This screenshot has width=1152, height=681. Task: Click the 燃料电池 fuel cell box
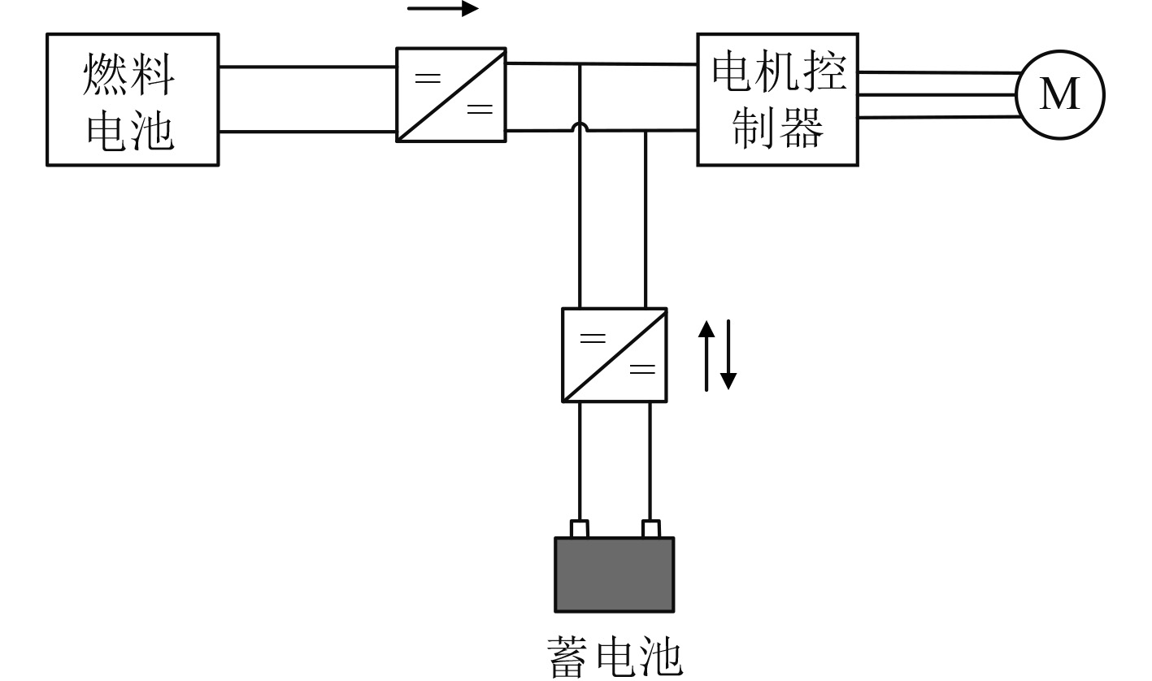[x=133, y=99]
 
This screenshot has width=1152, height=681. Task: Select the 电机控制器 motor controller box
[x=777, y=99]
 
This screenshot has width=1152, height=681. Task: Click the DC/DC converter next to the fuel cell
[x=451, y=94]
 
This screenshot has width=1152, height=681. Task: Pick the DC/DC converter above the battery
[x=615, y=354]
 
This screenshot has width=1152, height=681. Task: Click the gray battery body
[x=615, y=574]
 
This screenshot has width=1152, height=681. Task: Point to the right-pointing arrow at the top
[x=443, y=9]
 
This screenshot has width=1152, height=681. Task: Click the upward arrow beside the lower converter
[x=707, y=354]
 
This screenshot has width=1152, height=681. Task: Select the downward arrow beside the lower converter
[x=728, y=356]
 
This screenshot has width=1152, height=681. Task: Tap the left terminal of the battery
[x=580, y=529]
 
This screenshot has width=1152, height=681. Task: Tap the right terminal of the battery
[x=650, y=529]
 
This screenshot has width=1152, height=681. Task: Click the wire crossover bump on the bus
[x=580, y=127]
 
